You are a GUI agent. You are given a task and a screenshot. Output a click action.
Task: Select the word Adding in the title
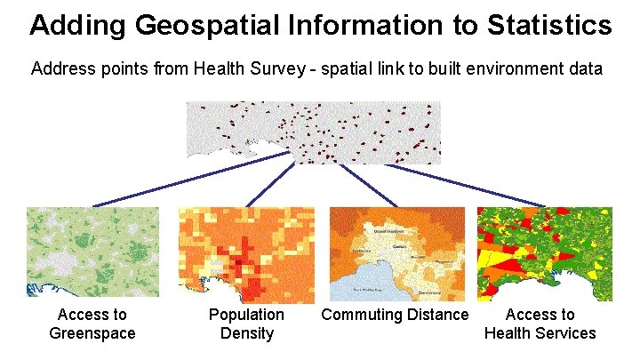[78, 25]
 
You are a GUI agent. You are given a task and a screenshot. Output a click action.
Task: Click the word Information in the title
[360, 25]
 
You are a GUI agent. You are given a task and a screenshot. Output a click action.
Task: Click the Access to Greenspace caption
[92, 324]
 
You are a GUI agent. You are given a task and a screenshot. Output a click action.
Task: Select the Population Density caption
[246, 324]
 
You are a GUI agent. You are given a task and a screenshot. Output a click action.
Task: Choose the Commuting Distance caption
[395, 315]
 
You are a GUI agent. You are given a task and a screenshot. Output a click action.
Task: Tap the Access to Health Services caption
[540, 324]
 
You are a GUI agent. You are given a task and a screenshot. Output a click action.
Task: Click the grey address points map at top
[313, 132]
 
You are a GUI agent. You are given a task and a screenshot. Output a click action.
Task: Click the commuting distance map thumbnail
[397, 254]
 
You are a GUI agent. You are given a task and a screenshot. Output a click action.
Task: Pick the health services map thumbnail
[544, 254]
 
